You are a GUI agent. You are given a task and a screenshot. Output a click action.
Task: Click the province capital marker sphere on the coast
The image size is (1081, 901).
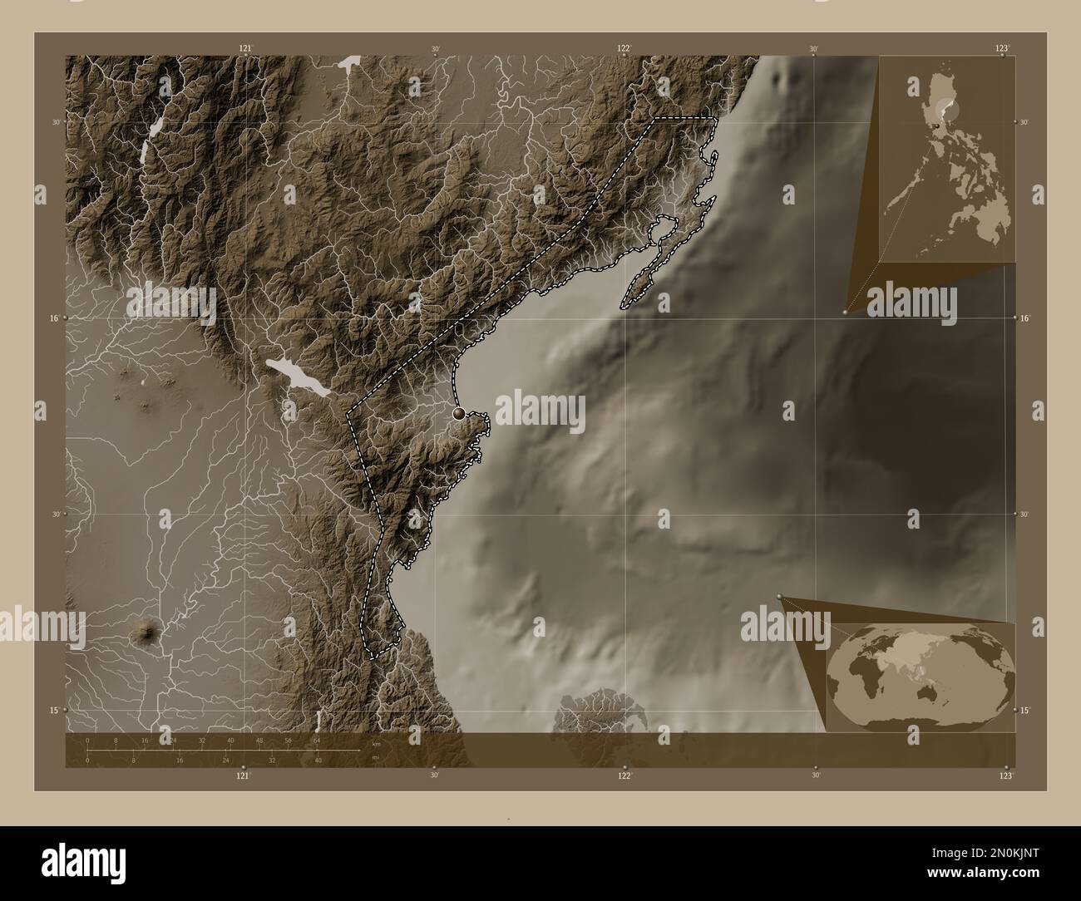tap(458, 412)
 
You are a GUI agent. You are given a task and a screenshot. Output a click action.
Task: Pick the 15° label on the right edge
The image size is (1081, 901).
tap(1024, 710)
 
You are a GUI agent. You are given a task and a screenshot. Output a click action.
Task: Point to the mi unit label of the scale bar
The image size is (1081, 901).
tap(375, 756)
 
